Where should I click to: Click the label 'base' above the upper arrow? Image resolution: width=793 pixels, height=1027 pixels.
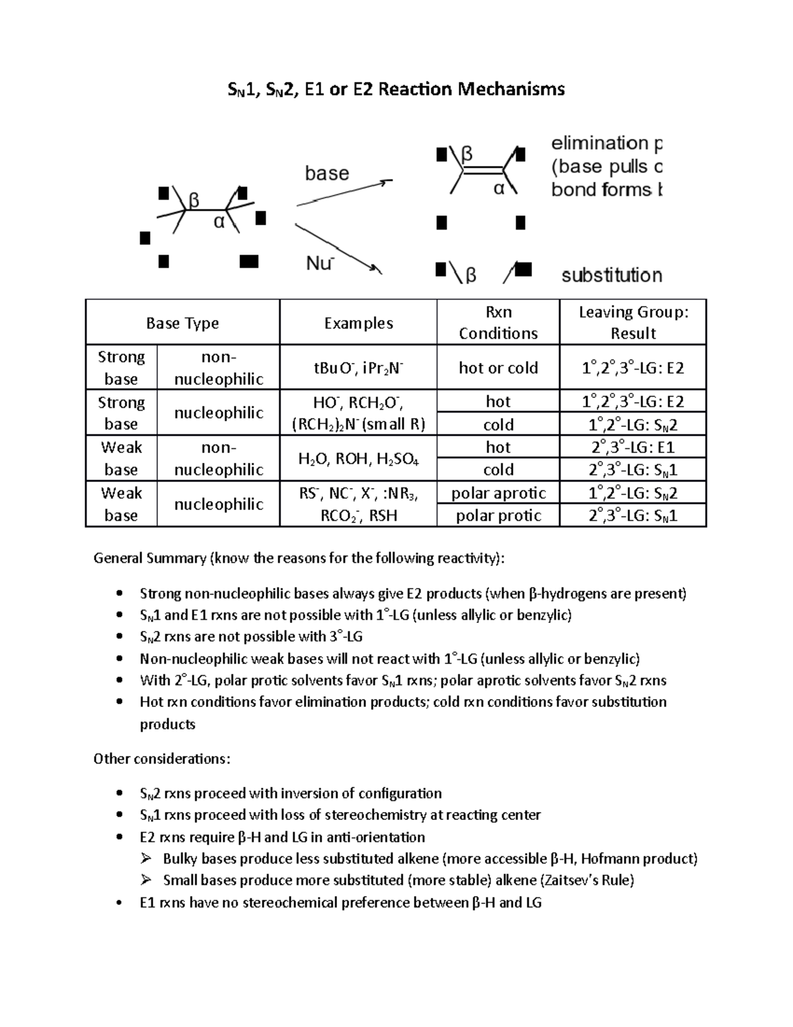(x=326, y=173)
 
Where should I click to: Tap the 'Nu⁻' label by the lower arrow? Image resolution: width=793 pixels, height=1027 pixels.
(x=320, y=264)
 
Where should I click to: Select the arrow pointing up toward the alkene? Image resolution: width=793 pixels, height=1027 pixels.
(x=344, y=192)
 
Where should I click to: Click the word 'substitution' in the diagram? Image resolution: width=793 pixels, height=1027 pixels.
(x=611, y=275)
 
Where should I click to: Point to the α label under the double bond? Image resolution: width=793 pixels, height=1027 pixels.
(x=499, y=188)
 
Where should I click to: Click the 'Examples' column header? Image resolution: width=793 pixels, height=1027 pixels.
(x=358, y=323)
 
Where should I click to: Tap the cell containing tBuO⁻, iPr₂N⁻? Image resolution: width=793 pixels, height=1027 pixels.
(x=358, y=368)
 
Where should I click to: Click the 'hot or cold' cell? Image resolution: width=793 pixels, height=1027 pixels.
(x=498, y=368)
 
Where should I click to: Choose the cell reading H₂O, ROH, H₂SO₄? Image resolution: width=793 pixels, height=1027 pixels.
(x=358, y=458)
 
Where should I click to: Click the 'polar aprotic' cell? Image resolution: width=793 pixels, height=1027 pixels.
(x=498, y=493)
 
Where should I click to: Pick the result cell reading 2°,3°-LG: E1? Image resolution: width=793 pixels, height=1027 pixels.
(x=632, y=447)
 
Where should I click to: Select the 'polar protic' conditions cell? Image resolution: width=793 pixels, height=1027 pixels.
(x=498, y=516)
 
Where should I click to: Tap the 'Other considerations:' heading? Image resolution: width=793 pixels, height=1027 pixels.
(x=162, y=759)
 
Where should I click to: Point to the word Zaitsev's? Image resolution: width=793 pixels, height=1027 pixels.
(x=572, y=880)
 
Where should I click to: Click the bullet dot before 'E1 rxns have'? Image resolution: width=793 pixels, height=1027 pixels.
(x=119, y=903)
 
